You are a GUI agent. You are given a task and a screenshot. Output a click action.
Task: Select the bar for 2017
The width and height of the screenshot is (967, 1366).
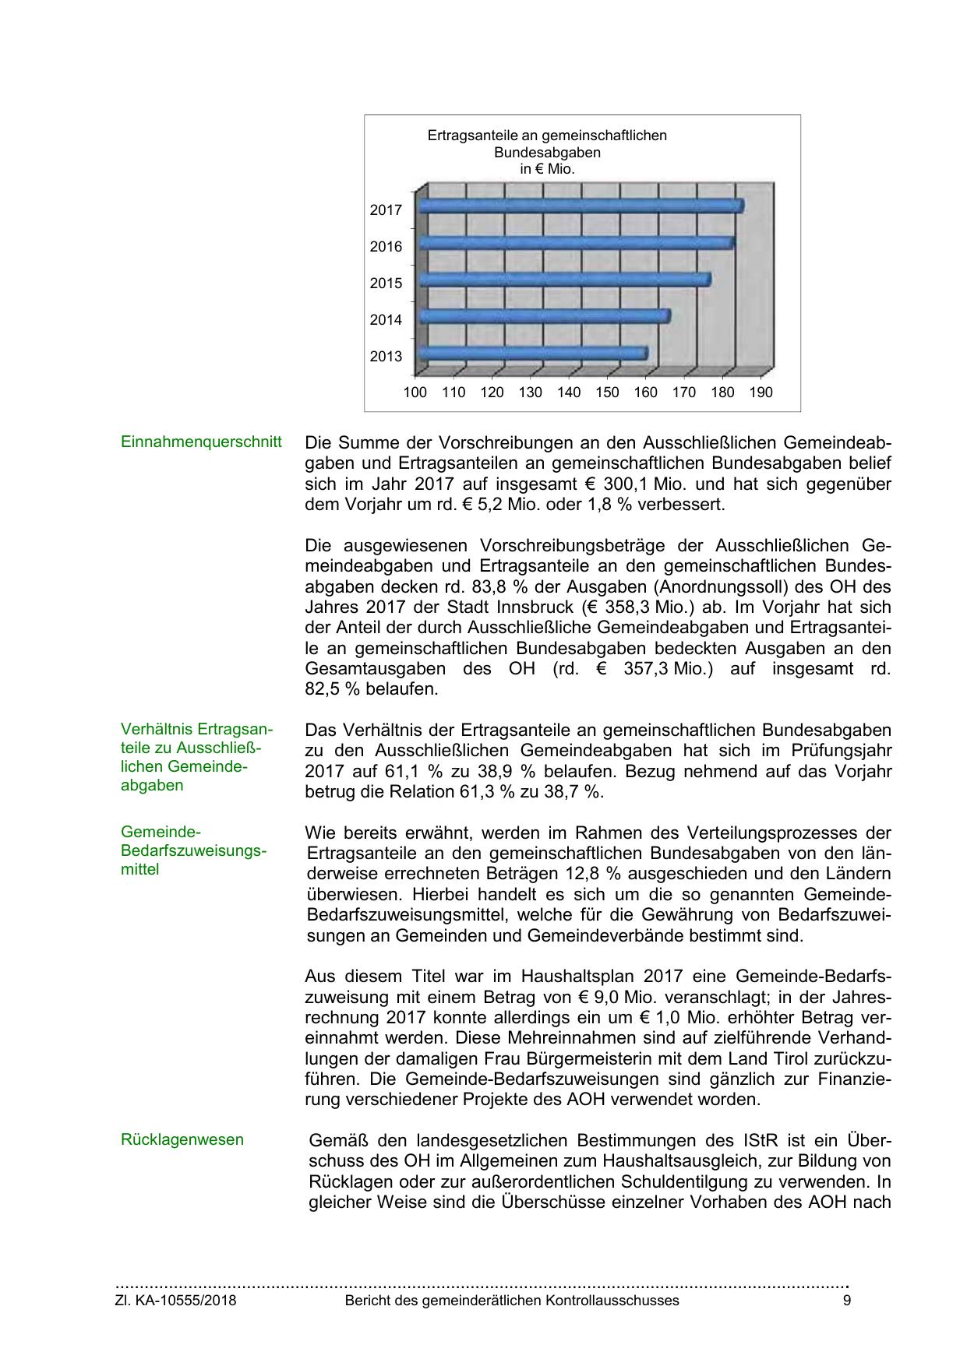coord(581,206)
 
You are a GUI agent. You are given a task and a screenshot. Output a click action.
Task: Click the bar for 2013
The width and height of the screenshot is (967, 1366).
coord(533,354)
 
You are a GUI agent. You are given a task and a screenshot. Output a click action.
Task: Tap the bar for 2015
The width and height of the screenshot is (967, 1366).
coord(564,280)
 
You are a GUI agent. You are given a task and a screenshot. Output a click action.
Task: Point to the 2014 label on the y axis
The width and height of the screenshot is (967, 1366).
coord(386,319)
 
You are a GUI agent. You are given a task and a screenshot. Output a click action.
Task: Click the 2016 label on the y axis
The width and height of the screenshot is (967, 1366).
coord(386,246)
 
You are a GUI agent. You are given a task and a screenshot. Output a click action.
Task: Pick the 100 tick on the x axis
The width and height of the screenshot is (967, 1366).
coord(415,393)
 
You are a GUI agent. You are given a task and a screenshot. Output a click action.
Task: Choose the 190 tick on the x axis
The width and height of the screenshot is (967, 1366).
coord(761,393)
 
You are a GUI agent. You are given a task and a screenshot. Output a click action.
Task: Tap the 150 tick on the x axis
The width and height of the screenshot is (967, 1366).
coord(607,393)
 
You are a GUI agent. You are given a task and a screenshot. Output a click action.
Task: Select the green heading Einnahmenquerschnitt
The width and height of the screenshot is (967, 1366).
coord(201,442)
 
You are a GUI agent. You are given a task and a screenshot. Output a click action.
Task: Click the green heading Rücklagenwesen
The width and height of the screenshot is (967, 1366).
coord(182,1139)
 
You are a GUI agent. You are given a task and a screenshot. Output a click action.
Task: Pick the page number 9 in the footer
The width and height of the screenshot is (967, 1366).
coord(847,1301)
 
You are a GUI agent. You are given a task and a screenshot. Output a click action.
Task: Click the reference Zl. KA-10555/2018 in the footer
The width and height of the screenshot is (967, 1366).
coord(175,1301)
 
